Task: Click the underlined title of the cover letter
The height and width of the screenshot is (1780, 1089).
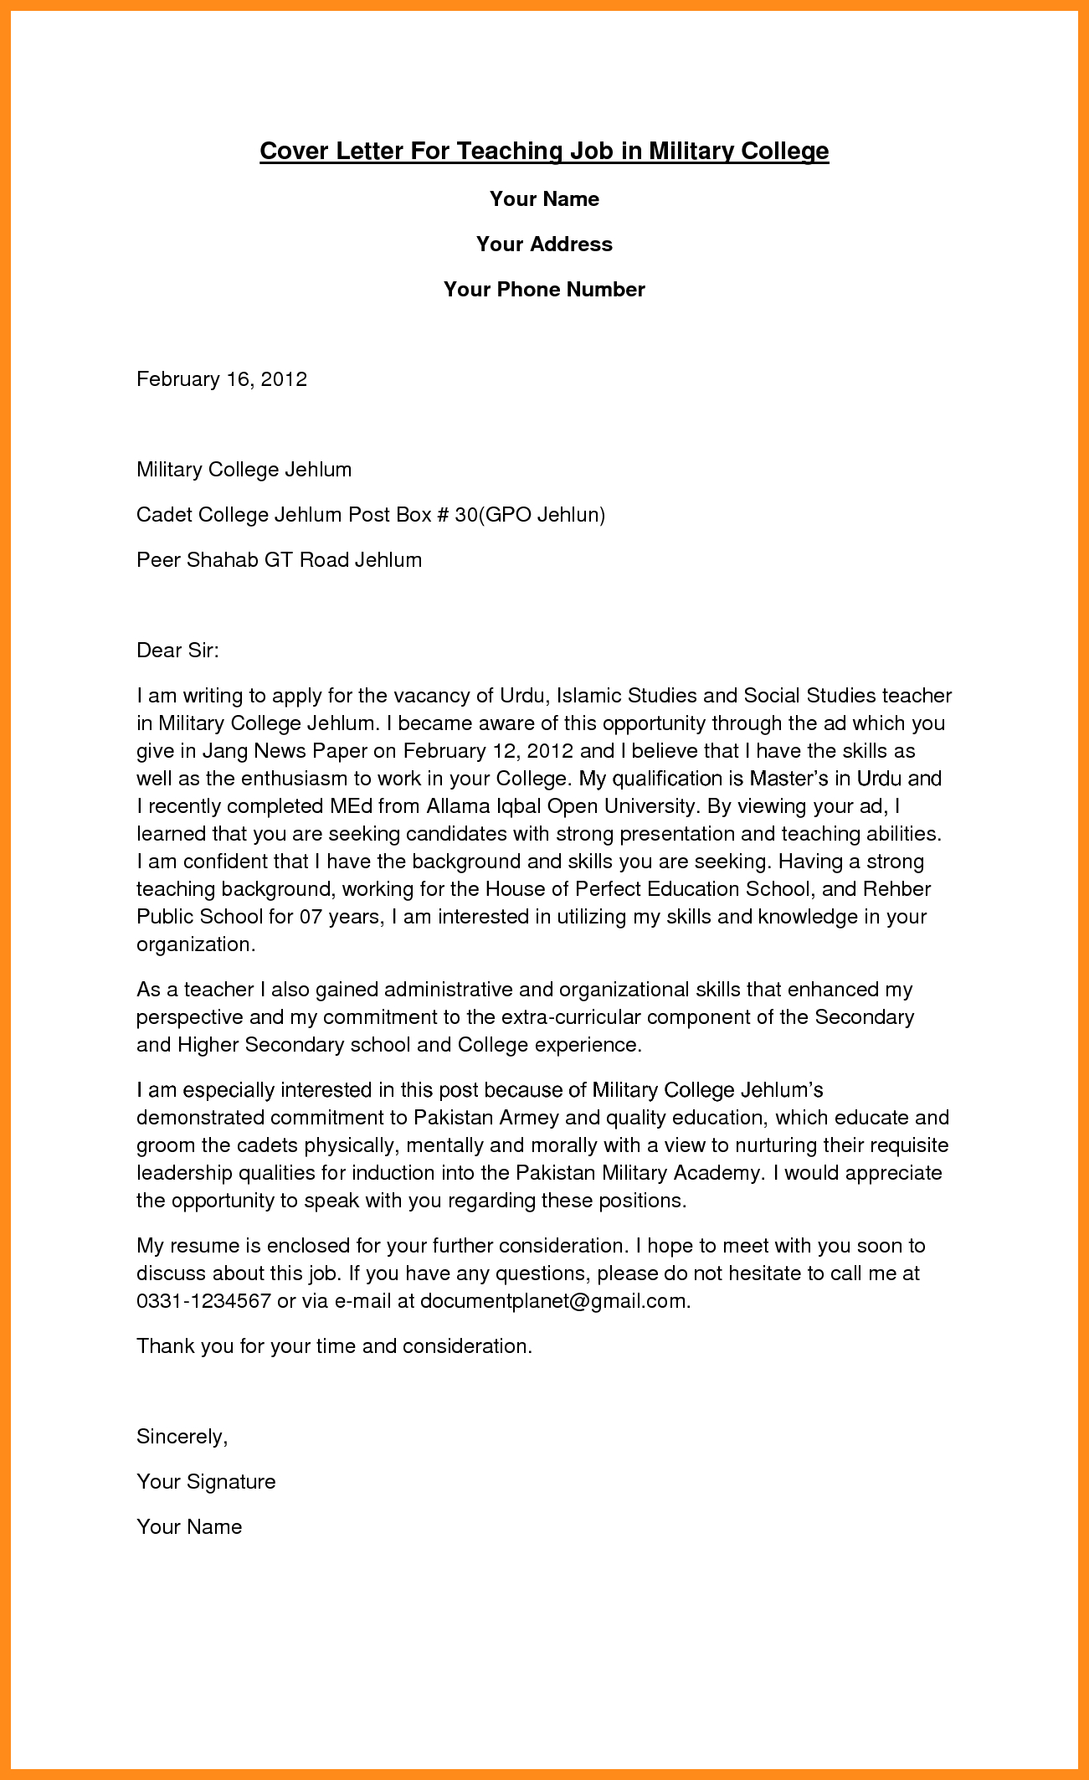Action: point(544,151)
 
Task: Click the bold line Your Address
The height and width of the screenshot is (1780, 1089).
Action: point(544,244)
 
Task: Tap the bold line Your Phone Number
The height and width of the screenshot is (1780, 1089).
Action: point(544,290)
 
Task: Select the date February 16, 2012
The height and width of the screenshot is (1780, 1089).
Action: point(222,379)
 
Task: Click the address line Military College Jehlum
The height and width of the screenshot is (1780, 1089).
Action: point(244,470)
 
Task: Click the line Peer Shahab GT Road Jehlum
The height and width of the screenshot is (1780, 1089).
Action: point(279,560)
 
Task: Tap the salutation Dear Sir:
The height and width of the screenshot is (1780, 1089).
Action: point(177,651)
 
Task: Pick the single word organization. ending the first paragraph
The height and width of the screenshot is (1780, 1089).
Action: point(195,944)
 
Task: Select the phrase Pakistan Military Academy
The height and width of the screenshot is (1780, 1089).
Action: point(638,1173)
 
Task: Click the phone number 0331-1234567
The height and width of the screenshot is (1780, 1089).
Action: point(203,1301)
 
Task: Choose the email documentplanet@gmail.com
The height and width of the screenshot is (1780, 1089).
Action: point(555,1301)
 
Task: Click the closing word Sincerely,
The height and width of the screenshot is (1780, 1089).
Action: point(182,1437)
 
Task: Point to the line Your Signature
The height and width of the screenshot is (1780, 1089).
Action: point(206,1482)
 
